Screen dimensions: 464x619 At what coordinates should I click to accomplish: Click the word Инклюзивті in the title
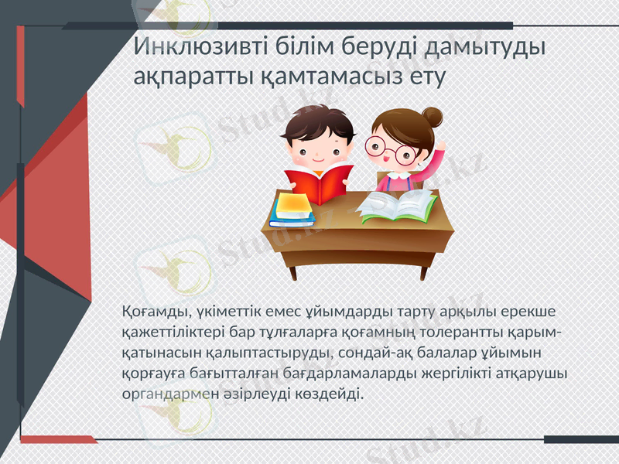200,46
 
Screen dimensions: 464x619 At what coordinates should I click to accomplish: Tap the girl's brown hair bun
432,117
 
